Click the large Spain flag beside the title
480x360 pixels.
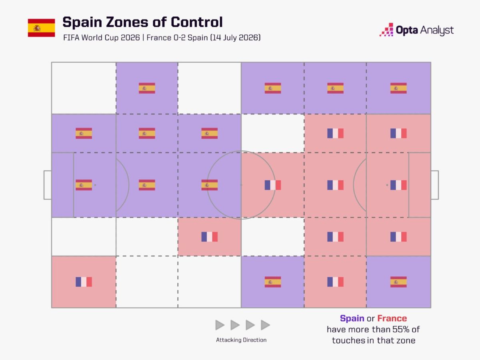click(41, 28)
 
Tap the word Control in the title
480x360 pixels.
click(196, 22)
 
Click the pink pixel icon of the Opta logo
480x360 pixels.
click(387, 30)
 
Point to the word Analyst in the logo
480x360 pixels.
click(437, 30)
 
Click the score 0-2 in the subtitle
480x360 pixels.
click(179, 38)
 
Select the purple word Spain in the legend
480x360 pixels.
click(352, 318)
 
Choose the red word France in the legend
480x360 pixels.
click(392, 318)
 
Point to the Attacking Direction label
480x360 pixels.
click(241, 340)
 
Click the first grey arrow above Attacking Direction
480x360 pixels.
click(220, 325)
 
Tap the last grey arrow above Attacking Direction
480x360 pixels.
click(265, 325)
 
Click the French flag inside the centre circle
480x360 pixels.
click(273, 185)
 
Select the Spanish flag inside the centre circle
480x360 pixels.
click(210, 185)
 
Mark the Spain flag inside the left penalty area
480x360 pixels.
click(84, 185)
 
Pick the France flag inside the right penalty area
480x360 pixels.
click(398, 185)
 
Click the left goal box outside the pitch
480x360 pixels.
click(48, 185)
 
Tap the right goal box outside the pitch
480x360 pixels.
click(435, 185)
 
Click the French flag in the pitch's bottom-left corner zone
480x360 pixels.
click(84, 282)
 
